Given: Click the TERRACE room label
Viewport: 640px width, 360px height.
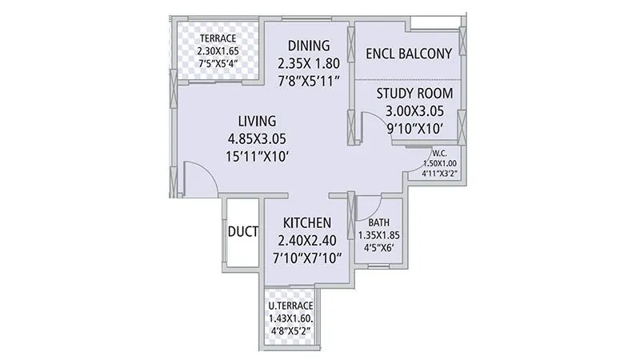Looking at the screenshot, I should click(x=218, y=38).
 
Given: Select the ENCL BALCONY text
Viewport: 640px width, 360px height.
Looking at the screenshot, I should click(x=408, y=54).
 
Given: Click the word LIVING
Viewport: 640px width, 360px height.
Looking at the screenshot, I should click(x=257, y=121).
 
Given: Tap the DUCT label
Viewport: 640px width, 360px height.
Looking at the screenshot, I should click(x=242, y=233).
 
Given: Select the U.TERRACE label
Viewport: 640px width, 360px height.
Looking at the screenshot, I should click(x=290, y=306).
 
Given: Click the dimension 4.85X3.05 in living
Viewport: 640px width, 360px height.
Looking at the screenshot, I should click(x=257, y=138).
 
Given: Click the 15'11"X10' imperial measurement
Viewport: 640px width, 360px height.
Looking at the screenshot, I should click(x=257, y=157).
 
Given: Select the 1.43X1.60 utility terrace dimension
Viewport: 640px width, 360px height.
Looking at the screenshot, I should click(x=290, y=318).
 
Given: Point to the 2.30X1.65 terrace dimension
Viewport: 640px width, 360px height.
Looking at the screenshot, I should click(x=218, y=50).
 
